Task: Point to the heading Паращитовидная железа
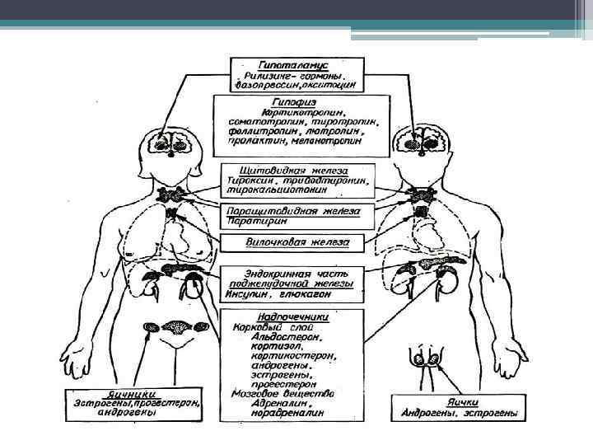pyautogui.click(x=293, y=211)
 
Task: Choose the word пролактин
pyautogui.click(x=252, y=141)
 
